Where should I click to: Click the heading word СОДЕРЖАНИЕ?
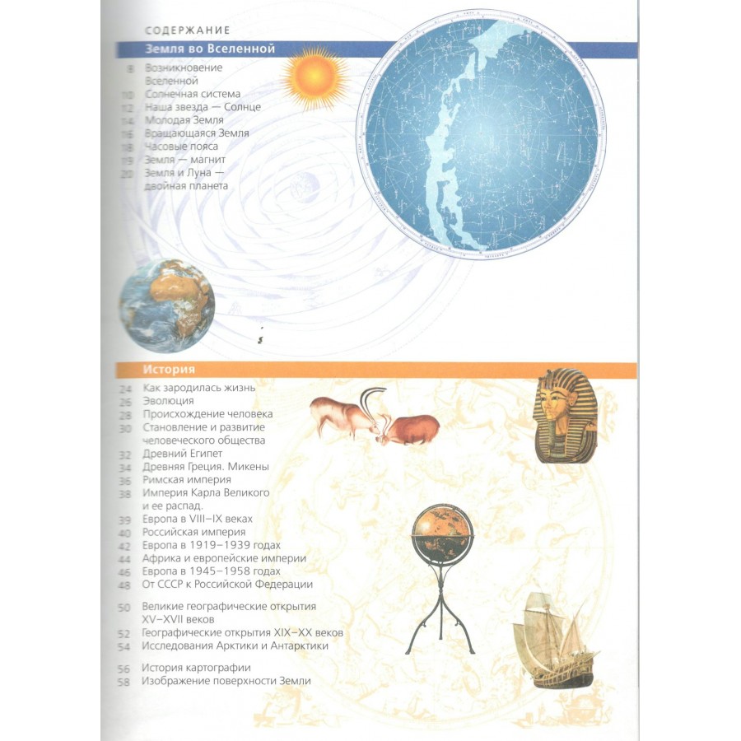coord(187,30)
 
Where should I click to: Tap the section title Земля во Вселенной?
coord(210,49)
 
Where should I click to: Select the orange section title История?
coord(169,370)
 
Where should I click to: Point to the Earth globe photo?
coord(167,305)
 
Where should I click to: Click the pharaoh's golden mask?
coord(565,415)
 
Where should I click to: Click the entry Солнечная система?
coord(193,94)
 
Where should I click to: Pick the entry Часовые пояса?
coord(181,147)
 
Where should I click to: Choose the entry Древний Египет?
coord(183,454)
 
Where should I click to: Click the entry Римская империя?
coord(187,480)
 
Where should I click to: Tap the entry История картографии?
coord(196,668)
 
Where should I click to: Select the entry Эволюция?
coord(168,401)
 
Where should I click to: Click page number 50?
coord(123,608)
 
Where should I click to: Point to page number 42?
coord(124,547)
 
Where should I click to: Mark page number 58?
coord(123,682)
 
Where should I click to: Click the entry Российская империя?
coord(193,532)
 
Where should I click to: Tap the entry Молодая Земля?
coord(184,120)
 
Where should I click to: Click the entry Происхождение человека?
coord(207,414)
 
